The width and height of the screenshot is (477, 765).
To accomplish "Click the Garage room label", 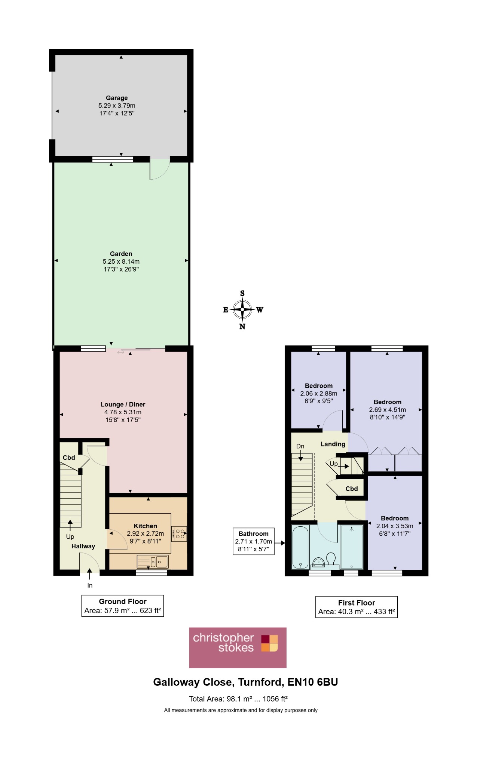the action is (117, 98).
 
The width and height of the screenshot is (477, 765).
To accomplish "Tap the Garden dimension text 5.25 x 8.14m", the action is (121, 261).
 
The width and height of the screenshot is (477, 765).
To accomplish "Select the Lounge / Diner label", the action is (123, 404).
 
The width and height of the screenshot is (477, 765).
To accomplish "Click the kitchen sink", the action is (153, 561).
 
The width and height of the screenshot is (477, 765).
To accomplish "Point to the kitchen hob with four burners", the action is (179, 533).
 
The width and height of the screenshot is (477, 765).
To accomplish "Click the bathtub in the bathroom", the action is (300, 547).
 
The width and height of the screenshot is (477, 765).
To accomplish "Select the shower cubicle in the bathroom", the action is (352, 547).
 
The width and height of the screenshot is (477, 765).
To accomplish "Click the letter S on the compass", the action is (242, 293).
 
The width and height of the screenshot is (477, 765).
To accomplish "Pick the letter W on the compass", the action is (260, 309).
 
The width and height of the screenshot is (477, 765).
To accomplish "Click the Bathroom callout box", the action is (254, 541).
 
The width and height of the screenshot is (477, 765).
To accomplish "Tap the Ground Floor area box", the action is (123, 606).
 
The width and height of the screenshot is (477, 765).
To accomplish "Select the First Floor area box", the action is (357, 607).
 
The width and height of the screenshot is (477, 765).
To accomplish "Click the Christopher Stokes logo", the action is (238, 648).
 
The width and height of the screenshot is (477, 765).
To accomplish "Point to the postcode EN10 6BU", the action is (313, 682).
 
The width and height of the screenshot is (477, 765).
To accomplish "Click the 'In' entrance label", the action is (90, 585).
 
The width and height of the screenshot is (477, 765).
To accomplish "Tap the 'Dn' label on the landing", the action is (300, 446).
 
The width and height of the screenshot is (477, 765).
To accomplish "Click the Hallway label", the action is (83, 546).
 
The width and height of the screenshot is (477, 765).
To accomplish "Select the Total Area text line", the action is (238, 699).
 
